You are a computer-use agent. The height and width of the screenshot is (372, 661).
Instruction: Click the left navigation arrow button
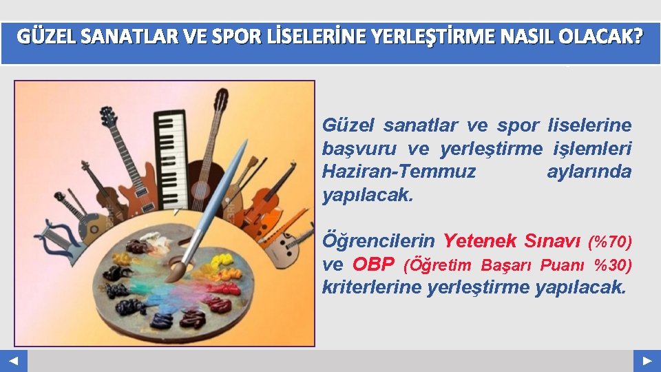tap(14, 361)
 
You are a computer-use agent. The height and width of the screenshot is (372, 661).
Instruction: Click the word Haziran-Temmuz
tap(399, 172)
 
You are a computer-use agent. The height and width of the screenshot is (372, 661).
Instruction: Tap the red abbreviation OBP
tap(373, 265)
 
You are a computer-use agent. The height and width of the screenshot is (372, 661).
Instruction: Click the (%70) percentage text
tap(609, 242)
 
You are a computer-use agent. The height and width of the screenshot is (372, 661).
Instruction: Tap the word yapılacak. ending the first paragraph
tap(368, 195)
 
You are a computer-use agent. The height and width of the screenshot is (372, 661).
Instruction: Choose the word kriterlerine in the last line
tap(371, 287)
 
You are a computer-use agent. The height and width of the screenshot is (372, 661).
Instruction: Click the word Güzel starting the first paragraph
tap(349, 125)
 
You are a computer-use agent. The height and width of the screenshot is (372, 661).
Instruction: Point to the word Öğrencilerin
tap(378, 241)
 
